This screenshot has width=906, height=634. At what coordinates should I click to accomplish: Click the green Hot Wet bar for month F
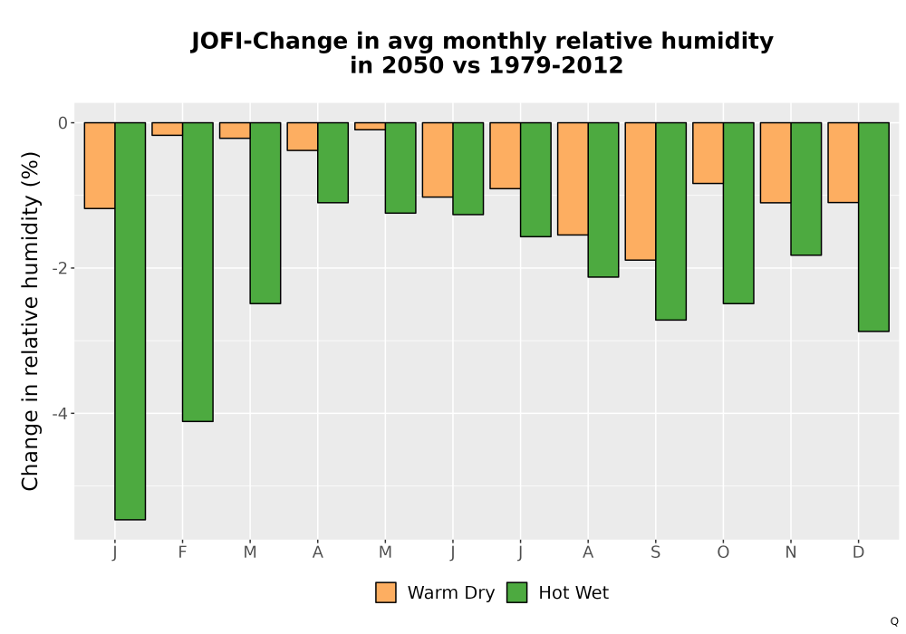pyautogui.click(x=198, y=272)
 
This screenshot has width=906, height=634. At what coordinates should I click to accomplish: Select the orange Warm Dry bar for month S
pyautogui.click(x=641, y=191)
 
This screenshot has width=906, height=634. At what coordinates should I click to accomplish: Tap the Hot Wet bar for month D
pyautogui.click(x=873, y=227)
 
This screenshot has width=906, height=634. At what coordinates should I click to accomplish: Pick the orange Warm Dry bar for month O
pyautogui.click(x=708, y=153)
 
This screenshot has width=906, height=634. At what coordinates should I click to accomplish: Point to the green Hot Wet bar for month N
pyautogui.click(x=806, y=188)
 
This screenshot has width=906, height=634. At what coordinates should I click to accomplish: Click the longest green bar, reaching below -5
pyautogui.click(x=130, y=321)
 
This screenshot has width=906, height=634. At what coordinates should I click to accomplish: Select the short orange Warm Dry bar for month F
pyautogui.click(x=168, y=129)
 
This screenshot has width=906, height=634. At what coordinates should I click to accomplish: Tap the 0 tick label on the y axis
pyautogui.click(x=63, y=122)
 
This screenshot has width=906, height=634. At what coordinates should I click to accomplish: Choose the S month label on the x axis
pyautogui.click(x=655, y=552)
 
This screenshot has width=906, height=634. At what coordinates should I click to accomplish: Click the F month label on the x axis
pyautogui.click(x=183, y=552)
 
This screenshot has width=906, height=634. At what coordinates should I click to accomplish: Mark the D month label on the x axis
pyautogui.click(x=859, y=552)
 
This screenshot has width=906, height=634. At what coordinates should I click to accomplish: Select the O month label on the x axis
pyautogui.click(x=723, y=552)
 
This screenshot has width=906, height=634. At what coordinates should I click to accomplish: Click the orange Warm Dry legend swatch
pyautogui.click(x=386, y=592)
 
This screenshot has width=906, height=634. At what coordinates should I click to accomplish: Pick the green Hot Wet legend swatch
pyautogui.click(x=517, y=592)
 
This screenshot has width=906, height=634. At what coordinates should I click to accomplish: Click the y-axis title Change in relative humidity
pyautogui.click(x=30, y=321)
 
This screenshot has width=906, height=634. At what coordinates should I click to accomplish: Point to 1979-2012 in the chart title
pyautogui.click(x=556, y=65)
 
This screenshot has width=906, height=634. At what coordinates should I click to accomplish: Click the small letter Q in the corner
pyautogui.click(x=894, y=621)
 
